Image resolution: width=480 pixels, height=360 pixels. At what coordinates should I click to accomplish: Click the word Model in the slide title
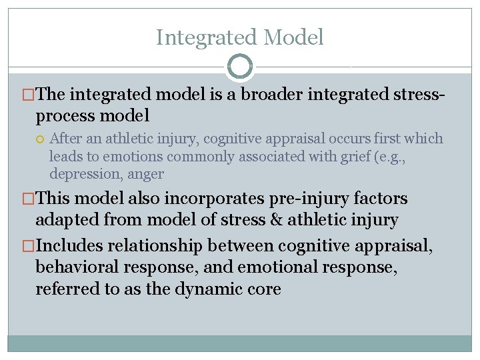tap(294, 37)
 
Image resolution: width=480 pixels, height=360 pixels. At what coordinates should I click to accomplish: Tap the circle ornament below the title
tap(240, 66)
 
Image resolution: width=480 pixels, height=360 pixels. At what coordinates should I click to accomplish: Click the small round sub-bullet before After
tap(41, 139)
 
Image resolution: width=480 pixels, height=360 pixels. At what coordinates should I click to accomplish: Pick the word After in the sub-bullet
tap(65, 139)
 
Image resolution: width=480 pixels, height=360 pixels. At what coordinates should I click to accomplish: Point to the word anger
tap(145, 174)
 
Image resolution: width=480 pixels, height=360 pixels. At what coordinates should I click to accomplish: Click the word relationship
tap(163, 246)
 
